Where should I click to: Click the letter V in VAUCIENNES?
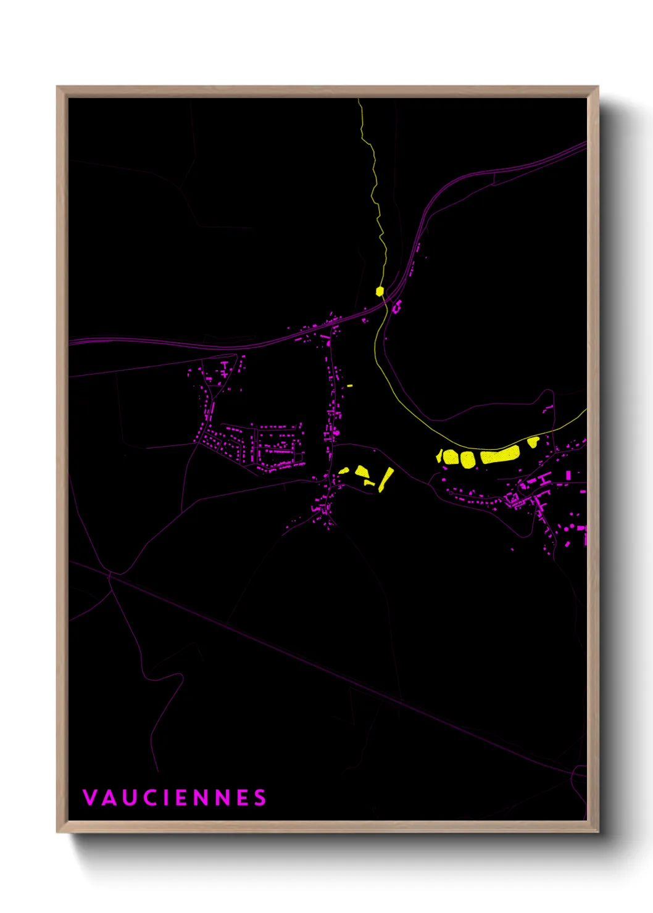click(x=89, y=798)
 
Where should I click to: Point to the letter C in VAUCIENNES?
click(x=151, y=798)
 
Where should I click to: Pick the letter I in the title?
click(x=167, y=798)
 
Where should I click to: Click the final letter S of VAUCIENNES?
click(x=260, y=798)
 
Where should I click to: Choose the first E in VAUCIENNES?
click(x=182, y=798)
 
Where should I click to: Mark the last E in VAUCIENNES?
click(x=243, y=798)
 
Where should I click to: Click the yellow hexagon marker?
click(x=380, y=291)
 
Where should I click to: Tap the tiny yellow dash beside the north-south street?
click(x=349, y=386)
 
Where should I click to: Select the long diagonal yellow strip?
click(x=386, y=479)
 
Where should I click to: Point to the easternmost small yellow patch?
click(x=533, y=441)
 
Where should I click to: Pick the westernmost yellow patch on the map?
click(x=344, y=471)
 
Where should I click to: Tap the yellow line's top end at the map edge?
click(x=359, y=100)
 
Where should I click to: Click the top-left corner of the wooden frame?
click(x=57, y=87)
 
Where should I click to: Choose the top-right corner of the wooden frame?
click(x=597, y=87)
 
